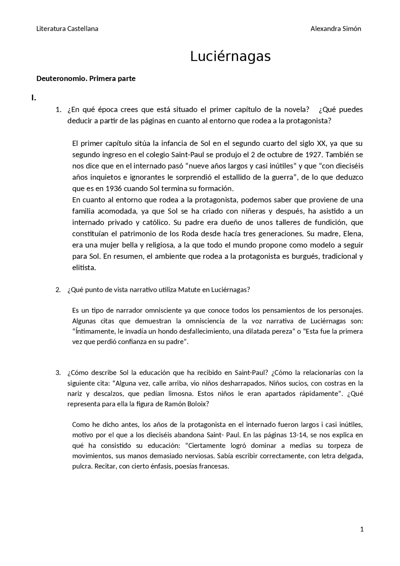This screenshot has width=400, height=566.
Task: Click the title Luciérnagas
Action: pos(230,57)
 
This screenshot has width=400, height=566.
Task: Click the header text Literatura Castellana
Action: pos(67,29)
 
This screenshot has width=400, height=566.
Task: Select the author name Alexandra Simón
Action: pos(336,29)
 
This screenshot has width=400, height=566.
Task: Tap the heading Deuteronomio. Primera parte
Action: pos(86,78)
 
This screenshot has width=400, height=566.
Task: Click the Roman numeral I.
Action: pos(34,98)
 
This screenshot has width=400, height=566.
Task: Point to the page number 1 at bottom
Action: pos(362,529)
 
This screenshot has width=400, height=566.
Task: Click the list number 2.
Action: pos(58,289)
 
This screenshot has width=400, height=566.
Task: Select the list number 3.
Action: pos(58,373)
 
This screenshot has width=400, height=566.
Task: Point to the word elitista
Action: pos(84,268)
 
